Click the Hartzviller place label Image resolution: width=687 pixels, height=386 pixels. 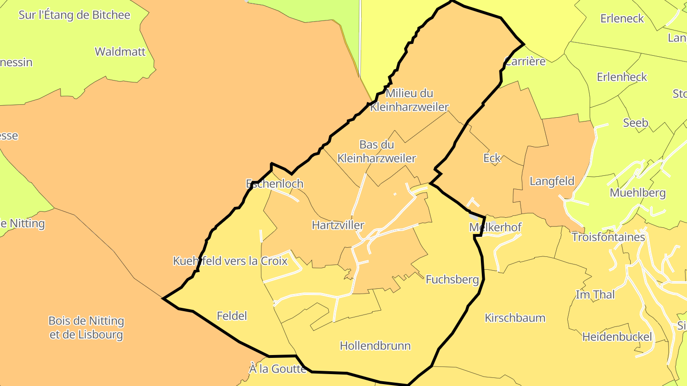(x=338, y=225)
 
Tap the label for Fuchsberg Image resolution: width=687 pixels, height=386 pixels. (x=452, y=279)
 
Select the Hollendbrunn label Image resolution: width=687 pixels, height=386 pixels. (x=375, y=346)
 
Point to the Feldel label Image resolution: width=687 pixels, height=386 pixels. (x=232, y=316)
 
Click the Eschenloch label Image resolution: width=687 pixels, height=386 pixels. (x=274, y=184)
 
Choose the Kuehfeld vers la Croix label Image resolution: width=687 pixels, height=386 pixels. (x=230, y=261)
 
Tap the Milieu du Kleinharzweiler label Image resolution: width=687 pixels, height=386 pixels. (x=409, y=100)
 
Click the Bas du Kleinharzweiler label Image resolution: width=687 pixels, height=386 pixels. (x=376, y=151)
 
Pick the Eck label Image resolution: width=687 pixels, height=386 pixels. (x=492, y=158)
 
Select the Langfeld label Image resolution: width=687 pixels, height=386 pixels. (x=552, y=182)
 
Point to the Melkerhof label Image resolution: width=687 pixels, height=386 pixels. (x=495, y=227)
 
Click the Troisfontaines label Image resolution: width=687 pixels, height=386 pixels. (x=608, y=237)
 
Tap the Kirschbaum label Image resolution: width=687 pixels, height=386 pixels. (x=515, y=318)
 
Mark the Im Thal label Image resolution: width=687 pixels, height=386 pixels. (x=595, y=295)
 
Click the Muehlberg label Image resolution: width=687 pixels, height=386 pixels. (x=637, y=193)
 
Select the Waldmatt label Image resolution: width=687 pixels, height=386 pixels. (x=120, y=51)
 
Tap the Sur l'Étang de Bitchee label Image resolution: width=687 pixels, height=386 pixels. (x=74, y=15)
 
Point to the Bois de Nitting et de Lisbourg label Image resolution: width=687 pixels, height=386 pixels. (x=86, y=327)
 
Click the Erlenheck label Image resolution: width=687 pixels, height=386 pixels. (x=622, y=77)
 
